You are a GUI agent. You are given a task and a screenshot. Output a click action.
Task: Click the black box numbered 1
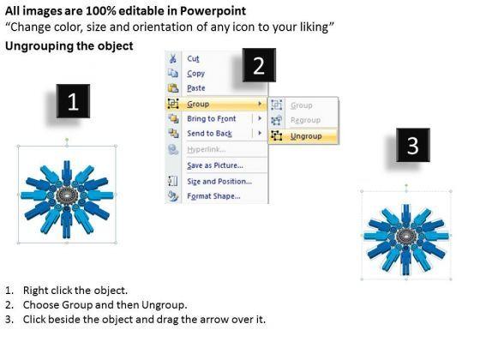[73, 101]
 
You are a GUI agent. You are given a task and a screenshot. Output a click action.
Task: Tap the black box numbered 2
[259, 65]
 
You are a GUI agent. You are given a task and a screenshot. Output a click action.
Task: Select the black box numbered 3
[413, 145]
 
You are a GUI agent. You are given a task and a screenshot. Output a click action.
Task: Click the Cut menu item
[193, 58]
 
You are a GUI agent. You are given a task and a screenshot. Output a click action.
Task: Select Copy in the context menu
[196, 74]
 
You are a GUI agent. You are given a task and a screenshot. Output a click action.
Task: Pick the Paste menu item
[196, 88]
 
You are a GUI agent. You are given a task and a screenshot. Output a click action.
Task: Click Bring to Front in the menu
[212, 118]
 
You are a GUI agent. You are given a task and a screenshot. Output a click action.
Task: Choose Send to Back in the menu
[210, 134]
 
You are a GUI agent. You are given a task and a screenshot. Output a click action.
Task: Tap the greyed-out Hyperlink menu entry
[207, 149]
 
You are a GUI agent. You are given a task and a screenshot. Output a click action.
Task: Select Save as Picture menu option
[215, 165]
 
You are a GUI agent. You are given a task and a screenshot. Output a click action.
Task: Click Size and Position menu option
[219, 181]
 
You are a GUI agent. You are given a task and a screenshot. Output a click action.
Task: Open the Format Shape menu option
[213, 196]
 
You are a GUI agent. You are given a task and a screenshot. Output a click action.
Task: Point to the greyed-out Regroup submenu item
[305, 120]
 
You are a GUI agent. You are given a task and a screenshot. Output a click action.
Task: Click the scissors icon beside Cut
[173, 58]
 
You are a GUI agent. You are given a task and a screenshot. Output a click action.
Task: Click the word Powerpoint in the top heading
[213, 11]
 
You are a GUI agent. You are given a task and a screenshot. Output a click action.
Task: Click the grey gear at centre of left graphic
[66, 195]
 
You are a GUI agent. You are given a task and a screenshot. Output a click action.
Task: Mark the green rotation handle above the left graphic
[67, 140]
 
